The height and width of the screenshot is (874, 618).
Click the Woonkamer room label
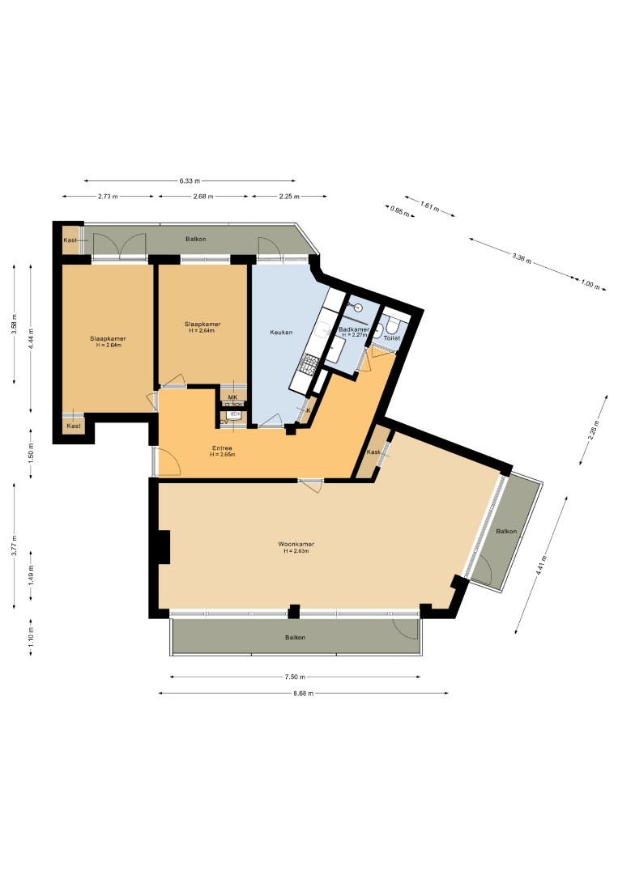click(296, 544)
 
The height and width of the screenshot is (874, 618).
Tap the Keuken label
click(281, 333)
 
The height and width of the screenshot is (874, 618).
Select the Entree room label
click(222, 448)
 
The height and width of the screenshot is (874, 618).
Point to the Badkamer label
click(354, 329)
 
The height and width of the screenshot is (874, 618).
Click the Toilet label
click(391, 337)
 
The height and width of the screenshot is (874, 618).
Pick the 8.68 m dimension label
click(304, 694)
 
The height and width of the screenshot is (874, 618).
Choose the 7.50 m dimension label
click(295, 677)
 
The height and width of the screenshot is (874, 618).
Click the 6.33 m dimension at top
click(190, 180)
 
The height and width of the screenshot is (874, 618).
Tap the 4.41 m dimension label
click(539, 566)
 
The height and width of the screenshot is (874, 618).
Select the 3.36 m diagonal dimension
click(522, 259)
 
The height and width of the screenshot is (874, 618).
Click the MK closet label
click(232, 397)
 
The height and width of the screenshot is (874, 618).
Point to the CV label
click(224, 422)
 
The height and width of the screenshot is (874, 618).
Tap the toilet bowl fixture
click(393, 325)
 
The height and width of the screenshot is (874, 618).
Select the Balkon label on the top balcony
click(196, 239)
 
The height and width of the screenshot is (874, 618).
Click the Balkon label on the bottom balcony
click(295, 637)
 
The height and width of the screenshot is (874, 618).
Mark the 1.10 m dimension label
click(31, 638)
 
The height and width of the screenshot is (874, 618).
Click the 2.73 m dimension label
click(108, 196)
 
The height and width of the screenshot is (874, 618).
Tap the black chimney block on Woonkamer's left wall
click(163, 547)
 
